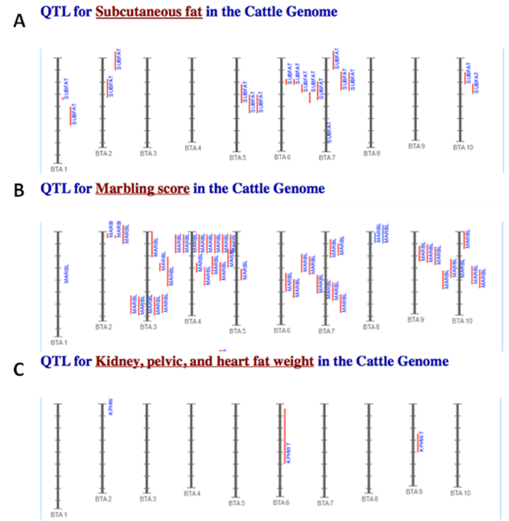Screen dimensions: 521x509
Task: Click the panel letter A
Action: click(19, 21)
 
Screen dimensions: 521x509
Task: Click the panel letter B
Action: click(19, 189)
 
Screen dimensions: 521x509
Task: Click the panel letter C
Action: click(19, 368)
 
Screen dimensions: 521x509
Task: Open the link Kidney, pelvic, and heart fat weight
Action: click(205, 361)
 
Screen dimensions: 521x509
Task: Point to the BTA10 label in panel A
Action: click(463, 148)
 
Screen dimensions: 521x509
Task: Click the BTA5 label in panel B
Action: click(238, 330)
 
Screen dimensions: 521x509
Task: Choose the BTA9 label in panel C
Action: click(415, 492)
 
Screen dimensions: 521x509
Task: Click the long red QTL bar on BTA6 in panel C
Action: click(285, 432)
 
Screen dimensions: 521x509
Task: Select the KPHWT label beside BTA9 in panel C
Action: click(421, 441)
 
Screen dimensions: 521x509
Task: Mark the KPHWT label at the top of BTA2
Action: click(110, 407)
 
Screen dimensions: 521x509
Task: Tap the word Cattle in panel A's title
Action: click(273, 11)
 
